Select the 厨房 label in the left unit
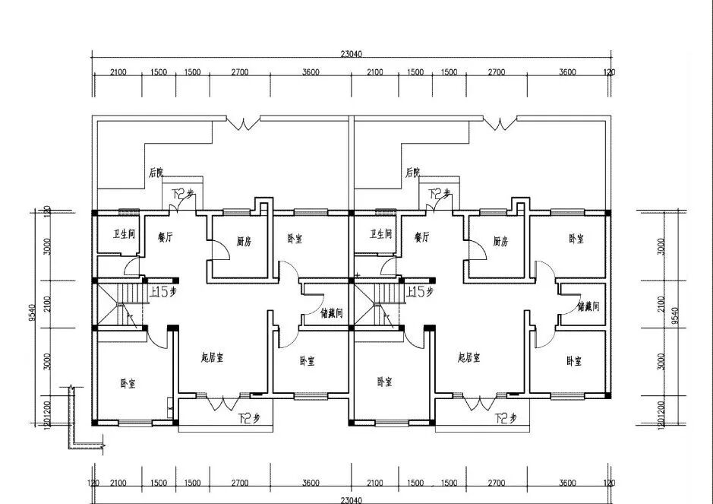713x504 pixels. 243,242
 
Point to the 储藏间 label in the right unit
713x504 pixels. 588,307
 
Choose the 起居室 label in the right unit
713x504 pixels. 468,357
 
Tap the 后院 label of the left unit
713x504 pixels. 156,173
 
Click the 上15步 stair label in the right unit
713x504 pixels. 420,291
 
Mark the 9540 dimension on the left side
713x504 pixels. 32,313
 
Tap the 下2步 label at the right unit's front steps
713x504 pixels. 505,418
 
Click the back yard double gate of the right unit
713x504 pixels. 501,123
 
